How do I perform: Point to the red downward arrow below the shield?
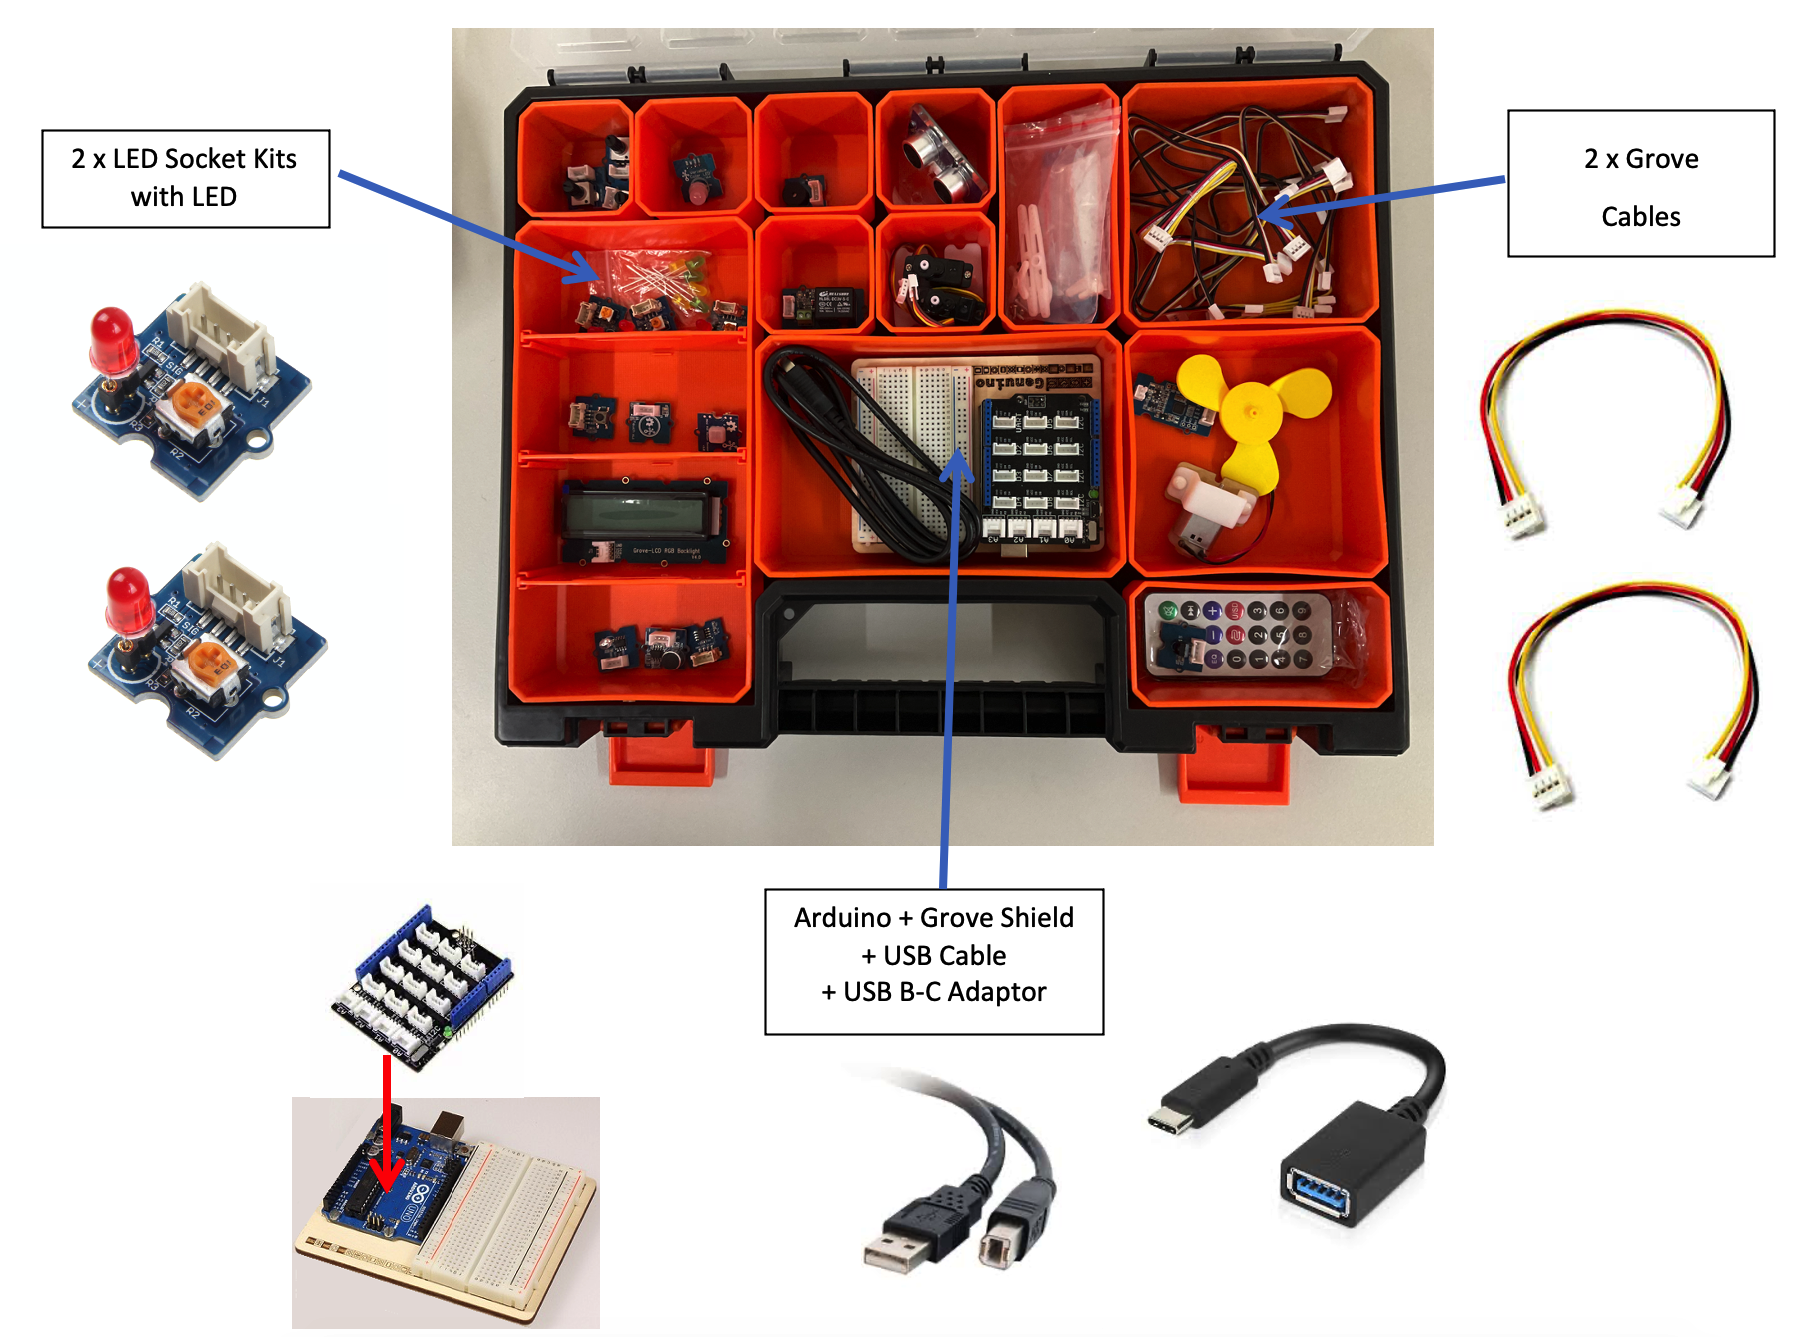pyautogui.click(x=387, y=1129)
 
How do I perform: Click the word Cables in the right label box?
pyautogui.click(x=1640, y=217)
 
